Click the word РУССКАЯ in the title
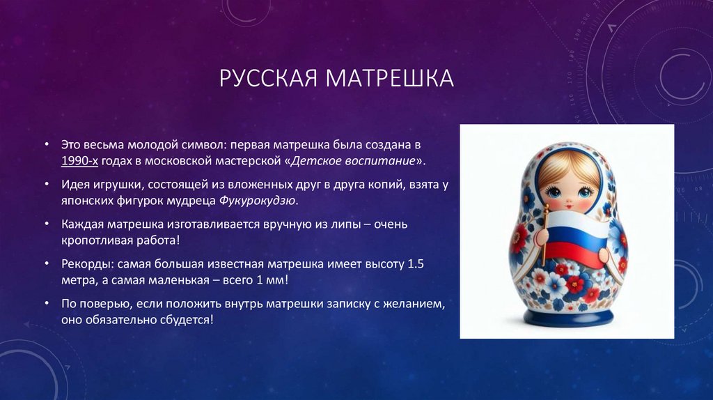[x=267, y=78]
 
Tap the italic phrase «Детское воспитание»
[x=356, y=160]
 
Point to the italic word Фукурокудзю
[x=258, y=200]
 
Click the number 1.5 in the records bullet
[x=415, y=265]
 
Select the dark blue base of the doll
[x=569, y=318]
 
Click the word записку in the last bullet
[x=351, y=305]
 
